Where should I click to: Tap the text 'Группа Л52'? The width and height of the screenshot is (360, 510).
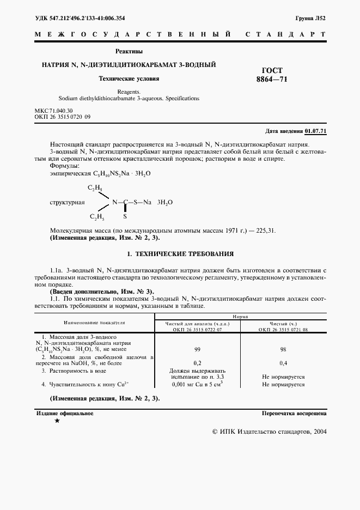(310, 18)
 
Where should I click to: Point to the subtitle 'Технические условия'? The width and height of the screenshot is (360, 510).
(129, 78)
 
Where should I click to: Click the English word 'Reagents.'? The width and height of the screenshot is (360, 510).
(129, 92)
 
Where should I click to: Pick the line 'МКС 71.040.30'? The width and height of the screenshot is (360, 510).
(53, 111)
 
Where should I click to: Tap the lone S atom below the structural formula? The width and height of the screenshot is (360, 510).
(125, 216)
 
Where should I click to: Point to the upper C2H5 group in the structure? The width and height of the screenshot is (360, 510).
(96, 189)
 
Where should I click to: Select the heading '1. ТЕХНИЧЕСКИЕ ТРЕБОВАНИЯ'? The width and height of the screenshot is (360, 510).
(180, 254)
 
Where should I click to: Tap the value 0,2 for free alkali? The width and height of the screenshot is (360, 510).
(197, 362)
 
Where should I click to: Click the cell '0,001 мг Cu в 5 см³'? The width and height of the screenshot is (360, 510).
(197, 384)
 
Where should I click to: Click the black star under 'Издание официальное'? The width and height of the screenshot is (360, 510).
(57, 421)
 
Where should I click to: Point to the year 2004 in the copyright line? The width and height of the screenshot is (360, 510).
(317, 431)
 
